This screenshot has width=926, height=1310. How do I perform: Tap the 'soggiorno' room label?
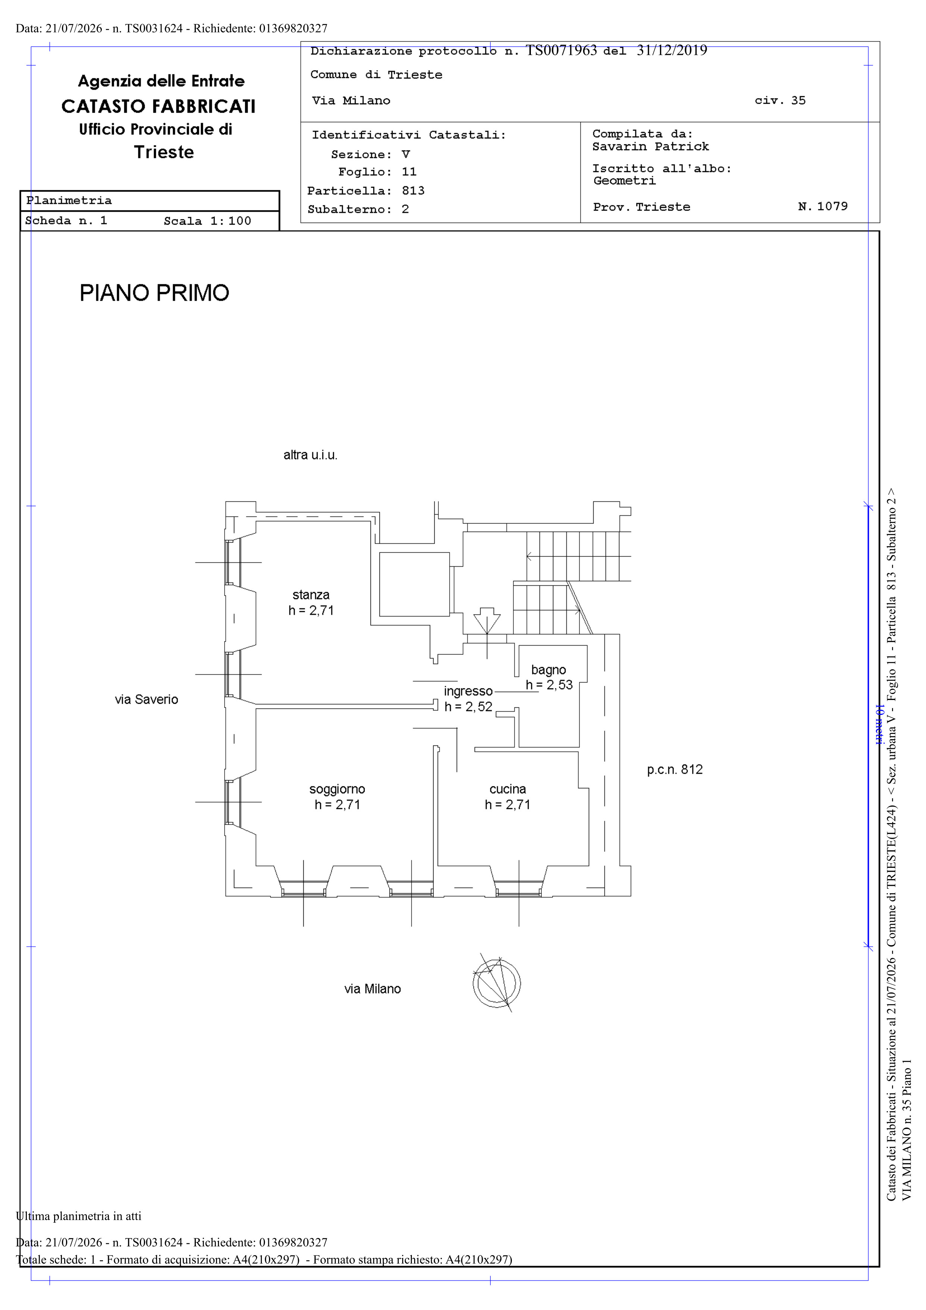(x=337, y=790)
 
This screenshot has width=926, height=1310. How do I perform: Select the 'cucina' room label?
(x=508, y=789)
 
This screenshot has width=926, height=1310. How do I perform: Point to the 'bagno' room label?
(x=549, y=670)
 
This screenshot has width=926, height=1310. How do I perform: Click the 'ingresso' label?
(x=469, y=691)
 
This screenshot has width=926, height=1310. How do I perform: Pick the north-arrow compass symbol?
(x=496, y=983)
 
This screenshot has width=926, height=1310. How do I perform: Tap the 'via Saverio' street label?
(x=147, y=700)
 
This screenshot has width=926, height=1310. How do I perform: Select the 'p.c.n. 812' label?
(x=675, y=770)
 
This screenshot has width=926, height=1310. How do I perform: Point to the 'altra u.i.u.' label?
(x=310, y=455)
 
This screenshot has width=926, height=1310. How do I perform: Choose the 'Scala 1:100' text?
(x=208, y=221)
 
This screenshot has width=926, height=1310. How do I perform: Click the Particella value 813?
(x=413, y=191)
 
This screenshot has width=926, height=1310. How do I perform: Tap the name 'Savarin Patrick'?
(x=650, y=147)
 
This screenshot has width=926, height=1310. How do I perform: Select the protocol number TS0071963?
(x=561, y=51)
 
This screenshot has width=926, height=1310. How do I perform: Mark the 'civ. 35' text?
(x=780, y=100)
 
